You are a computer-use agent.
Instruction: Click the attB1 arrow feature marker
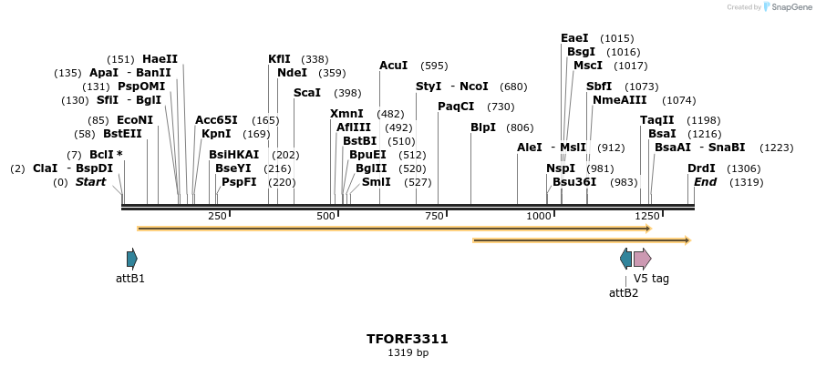[132, 259]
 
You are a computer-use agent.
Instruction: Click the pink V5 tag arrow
[643, 259]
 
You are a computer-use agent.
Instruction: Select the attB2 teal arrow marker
[625, 259]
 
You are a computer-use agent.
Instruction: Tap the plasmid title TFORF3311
[408, 339]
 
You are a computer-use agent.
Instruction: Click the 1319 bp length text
[408, 352]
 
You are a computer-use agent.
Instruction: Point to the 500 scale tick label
[326, 216]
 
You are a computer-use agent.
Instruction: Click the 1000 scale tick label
[539, 216]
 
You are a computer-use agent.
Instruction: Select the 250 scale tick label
[217, 216]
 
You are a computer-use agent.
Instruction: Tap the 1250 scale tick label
[647, 216]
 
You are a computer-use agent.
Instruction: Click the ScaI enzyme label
[307, 93]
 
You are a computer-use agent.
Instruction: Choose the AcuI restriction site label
[394, 66]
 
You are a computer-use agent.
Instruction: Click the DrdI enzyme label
[701, 168]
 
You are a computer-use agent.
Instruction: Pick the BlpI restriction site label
[483, 127]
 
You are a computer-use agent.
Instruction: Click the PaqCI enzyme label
[456, 107]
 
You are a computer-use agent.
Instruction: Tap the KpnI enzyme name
[216, 134]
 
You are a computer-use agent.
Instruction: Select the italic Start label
[90, 182]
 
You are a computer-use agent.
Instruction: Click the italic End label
[705, 182]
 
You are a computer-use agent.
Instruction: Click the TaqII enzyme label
[657, 120]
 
